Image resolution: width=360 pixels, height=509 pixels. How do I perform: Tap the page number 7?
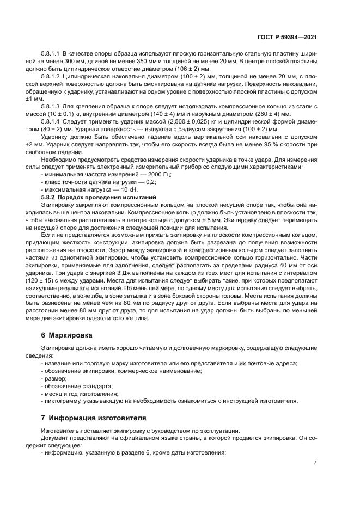point(315,462)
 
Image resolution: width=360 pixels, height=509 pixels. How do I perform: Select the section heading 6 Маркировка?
point(68,335)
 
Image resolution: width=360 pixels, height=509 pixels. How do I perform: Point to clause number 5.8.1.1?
point(51,56)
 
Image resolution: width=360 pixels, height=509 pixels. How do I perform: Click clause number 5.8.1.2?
point(51,77)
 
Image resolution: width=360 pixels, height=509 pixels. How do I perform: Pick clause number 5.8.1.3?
point(51,105)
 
